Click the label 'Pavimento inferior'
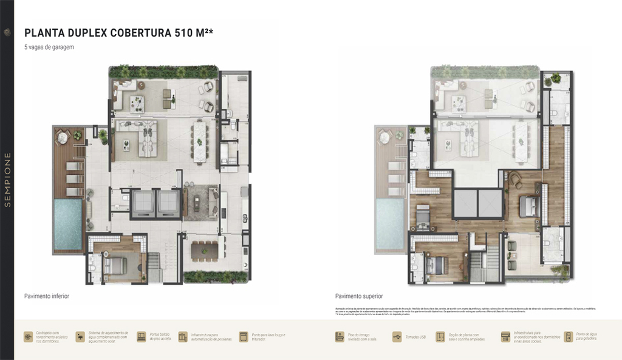point(47,296)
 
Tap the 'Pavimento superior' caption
point(358,296)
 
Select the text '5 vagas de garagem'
point(49,47)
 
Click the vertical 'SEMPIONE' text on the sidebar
point(7,180)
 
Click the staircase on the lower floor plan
point(155,268)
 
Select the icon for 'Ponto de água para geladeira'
point(568,337)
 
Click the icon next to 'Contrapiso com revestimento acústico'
point(29,337)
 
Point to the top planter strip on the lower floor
point(163,72)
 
